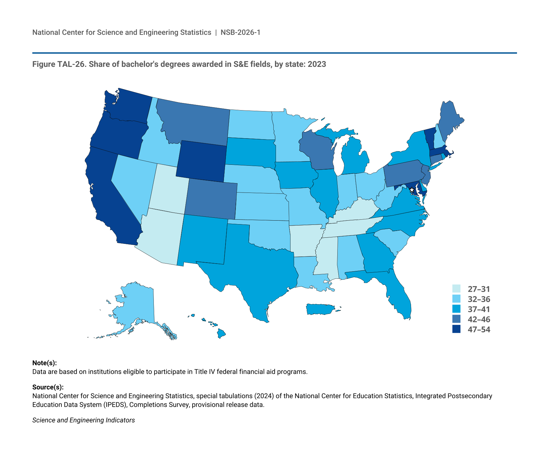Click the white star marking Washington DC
coord(412,190)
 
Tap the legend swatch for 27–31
coord(456,289)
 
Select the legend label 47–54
coord(479,329)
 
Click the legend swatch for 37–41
coord(456,309)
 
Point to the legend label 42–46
coord(479,319)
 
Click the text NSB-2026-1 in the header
coord(240,32)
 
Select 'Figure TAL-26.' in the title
coord(59,64)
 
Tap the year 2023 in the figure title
coord(317,64)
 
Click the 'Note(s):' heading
coord(45,363)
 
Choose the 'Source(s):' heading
coord(48,387)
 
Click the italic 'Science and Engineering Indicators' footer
coord(83,420)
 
